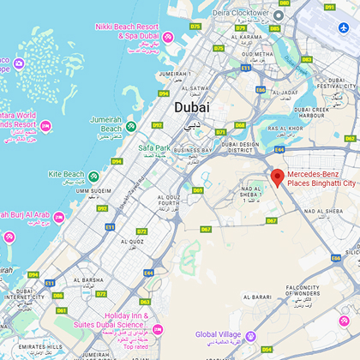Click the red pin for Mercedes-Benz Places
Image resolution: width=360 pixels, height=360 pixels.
tap(277, 177)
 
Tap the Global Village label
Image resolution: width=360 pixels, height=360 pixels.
tap(219, 335)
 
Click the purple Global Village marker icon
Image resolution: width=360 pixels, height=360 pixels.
tap(251, 336)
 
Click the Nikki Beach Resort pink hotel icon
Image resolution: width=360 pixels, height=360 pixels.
tap(168, 37)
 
